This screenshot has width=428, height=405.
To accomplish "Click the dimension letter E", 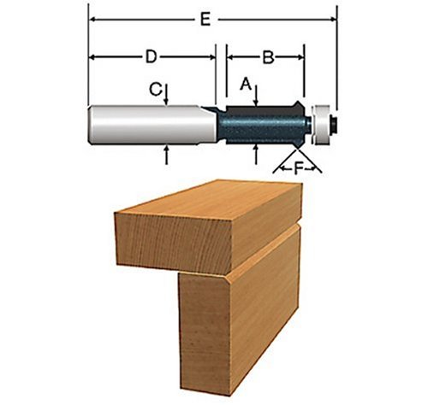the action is (x=205, y=20).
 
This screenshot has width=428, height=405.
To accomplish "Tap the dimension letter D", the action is (x=152, y=57).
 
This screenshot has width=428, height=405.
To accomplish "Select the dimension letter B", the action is (x=268, y=57).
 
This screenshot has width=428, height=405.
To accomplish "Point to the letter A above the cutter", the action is (x=246, y=85).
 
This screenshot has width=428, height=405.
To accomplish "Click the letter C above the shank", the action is (x=156, y=90).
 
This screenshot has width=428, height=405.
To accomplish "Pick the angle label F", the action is (x=298, y=169).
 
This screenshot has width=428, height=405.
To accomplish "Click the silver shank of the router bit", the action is (x=152, y=125).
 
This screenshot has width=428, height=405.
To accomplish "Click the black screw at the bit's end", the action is (x=334, y=126).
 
